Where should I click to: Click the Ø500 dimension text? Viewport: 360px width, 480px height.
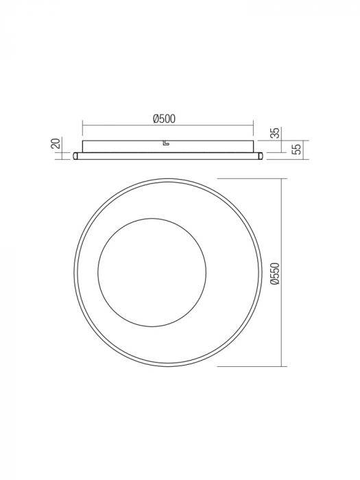tap(165, 119)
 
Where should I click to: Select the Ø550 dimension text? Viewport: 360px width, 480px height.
tap(274, 272)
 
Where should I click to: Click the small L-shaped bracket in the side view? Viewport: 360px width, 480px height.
tap(165, 143)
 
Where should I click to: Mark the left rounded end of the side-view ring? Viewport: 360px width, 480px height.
tap(76, 156)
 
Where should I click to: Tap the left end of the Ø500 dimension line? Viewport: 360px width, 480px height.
tap(82, 125)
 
